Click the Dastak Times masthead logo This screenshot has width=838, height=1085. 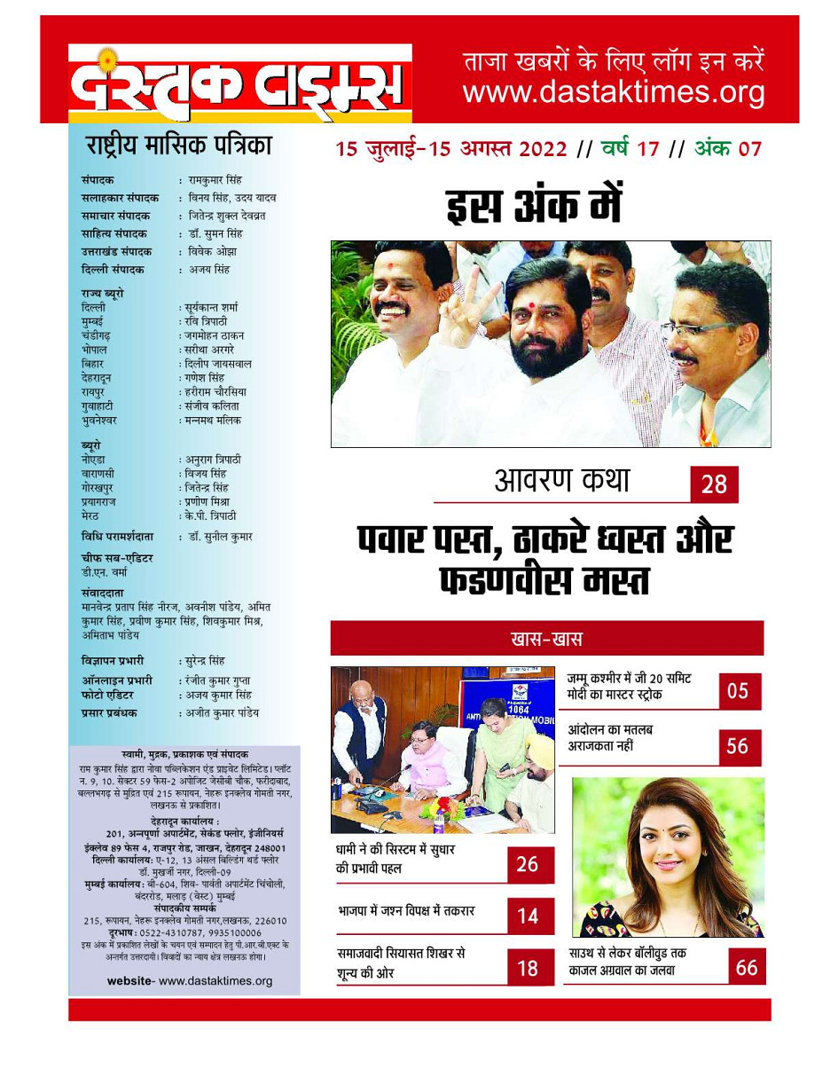coord(239,84)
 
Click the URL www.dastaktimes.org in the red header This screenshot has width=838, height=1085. coord(613,92)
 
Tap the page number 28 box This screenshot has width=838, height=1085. coord(714,484)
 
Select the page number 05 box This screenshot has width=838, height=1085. coord(739,691)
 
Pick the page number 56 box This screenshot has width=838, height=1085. coord(738,747)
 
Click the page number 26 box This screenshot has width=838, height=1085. coord(528,864)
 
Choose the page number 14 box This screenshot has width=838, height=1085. coord(528,916)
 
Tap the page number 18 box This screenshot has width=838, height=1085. coord(528,968)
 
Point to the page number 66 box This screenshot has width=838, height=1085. coord(747,967)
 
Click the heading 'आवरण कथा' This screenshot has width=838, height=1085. coord(562,481)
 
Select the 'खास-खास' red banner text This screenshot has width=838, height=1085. coord(546,639)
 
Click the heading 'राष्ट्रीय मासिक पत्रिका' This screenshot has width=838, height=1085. coord(178,145)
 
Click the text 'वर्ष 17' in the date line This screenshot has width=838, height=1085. coord(630,148)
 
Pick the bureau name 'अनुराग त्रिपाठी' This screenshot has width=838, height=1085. coord(213,460)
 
